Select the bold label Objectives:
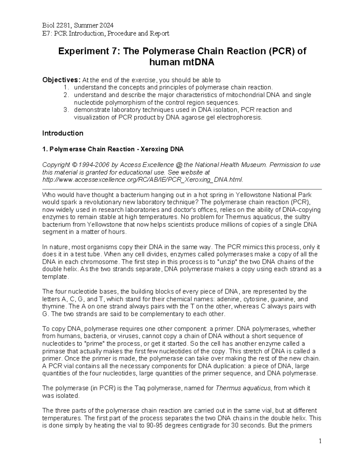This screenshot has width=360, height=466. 61,80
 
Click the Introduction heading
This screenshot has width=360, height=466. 63,133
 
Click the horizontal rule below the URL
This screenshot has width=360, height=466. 182,189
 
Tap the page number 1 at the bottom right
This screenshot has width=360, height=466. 320,441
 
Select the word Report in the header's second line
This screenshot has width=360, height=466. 160,33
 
